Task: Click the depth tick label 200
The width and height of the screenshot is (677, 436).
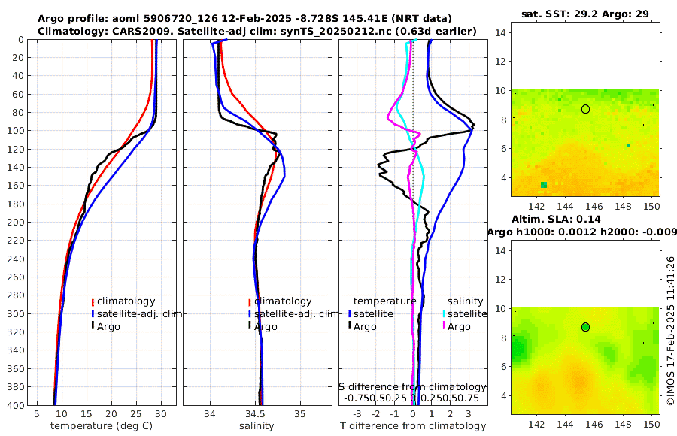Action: pyautogui.click(x=15, y=223)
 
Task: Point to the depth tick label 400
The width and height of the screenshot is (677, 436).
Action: pyautogui.click(x=15, y=405)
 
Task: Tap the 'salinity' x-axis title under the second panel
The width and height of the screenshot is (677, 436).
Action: pyautogui.click(x=256, y=426)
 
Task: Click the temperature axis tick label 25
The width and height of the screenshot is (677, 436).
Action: pyautogui.click(x=136, y=414)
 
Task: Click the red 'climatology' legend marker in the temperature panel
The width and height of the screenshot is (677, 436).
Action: pyautogui.click(x=93, y=301)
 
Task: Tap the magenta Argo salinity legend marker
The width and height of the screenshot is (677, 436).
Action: pyautogui.click(x=444, y=326)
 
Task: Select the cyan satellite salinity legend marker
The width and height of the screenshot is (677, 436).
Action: pyautogui.click(x=444, y=313)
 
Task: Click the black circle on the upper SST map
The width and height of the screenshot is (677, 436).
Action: pyautogui.click(x=585, y=109)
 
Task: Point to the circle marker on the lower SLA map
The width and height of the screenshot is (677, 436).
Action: pyautogui.click(x=585, y=327)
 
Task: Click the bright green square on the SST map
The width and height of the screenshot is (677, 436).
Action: pyautogui.click(x=544, y=184)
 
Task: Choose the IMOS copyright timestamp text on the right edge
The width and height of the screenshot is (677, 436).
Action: pyautogui.click(x=670, y=332)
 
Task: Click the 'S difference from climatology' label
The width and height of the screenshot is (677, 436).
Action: pyautogui.click(x=412, y=386)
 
